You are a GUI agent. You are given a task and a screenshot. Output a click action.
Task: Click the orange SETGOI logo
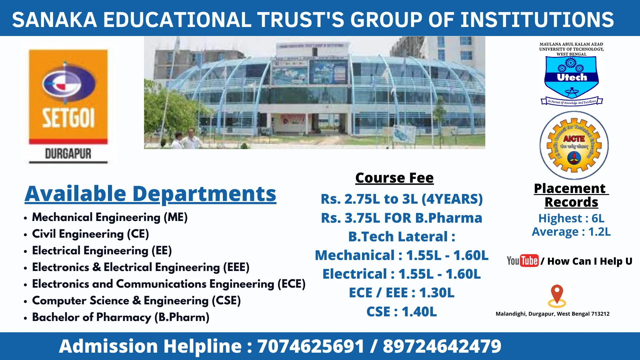pyautogui.click(x=68, y=97)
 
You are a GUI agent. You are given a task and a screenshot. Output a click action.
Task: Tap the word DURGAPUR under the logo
pyautogui.click(x=68, y=154)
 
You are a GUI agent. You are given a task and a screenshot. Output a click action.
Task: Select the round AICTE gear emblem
pyautogui.click(x=574, y=145)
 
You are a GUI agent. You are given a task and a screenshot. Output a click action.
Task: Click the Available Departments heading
pyautogui.click(x=150, y=194)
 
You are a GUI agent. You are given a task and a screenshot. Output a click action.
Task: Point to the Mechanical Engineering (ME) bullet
pyautogui.click(x=110, y=217)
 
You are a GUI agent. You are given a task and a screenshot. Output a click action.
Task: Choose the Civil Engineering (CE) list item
pyautogui.click(x=90, y=234)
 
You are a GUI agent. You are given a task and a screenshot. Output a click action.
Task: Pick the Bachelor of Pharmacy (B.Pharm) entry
pyautogui.click(x=120, y=317)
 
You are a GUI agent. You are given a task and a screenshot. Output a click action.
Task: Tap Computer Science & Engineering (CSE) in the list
pyautogui.click(x=136, y=301)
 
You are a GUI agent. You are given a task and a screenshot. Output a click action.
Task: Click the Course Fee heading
pyautogui.click(x=394, y=178)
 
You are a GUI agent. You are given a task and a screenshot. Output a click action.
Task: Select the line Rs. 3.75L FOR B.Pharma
pyautogui.click(x=401, y=218)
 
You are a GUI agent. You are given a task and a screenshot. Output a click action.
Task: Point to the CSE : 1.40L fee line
pyautogui.click(x=401, y=312)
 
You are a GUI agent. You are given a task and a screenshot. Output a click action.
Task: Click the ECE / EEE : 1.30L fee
pyautogui.click(x=401, y=293)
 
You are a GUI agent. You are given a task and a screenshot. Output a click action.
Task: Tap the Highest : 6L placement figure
pyautogui.click(x=571, y=218)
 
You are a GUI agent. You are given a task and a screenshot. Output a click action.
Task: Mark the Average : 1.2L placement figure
pyautogui.click(x=571, y=232)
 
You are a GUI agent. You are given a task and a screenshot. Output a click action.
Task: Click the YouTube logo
pyautogui.click(x=522, y=261)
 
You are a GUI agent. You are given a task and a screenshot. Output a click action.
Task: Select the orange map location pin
pyautogui.click(x=557, y=295)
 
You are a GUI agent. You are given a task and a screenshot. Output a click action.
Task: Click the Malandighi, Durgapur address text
pyautogui.click(x=552, y=314)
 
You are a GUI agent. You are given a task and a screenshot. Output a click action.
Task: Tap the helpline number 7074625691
pyautogui.click(x=310, y=346)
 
